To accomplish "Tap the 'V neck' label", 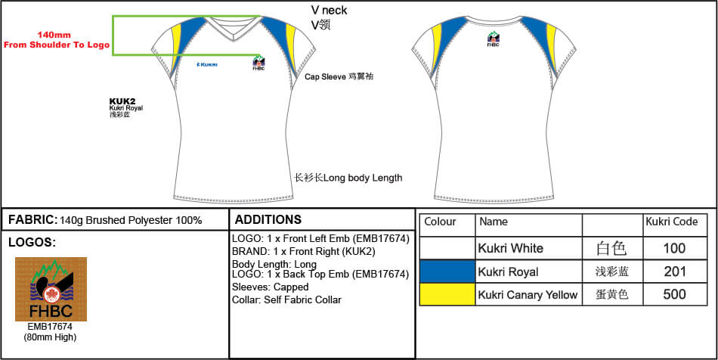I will (x=330, y=10).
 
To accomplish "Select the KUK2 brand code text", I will (x=122, y=101).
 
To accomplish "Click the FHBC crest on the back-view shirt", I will (x=493, y=39).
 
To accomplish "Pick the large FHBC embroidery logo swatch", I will (x=51, y=289).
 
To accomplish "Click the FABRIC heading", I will (x=32, y=220).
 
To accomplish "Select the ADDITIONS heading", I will (x=268, y=220).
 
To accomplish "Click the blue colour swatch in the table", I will (x=447, y=272).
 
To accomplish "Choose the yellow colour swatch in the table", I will (x=447, y=295).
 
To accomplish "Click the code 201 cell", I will (x=674, y=272).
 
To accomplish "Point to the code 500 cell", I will (x=674, y=295).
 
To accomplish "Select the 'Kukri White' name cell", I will (x=511, y=248).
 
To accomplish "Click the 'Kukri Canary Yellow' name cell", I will (x=528, y=295).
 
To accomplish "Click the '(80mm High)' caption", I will (x=51, y=337).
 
